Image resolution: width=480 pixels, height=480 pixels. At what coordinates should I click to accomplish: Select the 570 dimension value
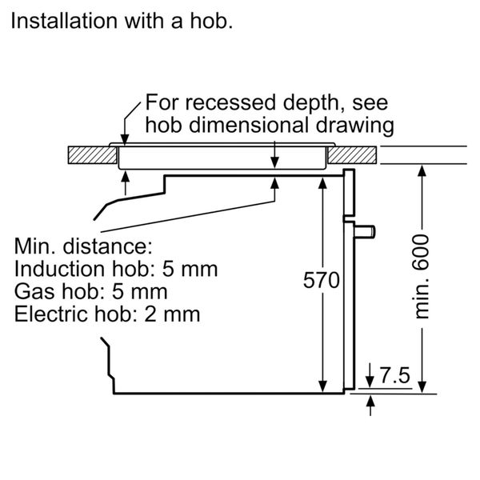(x=322, y=280)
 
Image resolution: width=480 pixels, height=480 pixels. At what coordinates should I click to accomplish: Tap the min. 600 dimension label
(x=422, y=276)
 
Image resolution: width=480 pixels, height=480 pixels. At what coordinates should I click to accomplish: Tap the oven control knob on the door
(x=364, y=232)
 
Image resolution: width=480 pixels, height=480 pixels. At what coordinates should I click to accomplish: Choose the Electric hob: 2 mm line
(x=107, y=313)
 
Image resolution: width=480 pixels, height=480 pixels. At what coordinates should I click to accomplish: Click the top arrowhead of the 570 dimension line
(x=322, y=182)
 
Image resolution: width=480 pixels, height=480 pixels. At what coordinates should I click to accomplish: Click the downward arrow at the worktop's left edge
(x=122, y=138)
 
